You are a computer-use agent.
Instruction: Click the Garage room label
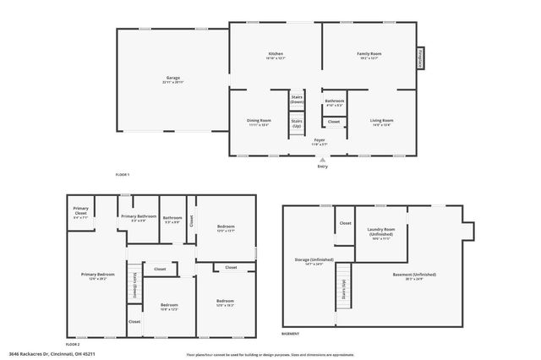pyautogui.click(x=172, y=80)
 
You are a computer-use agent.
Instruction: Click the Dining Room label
pyautogui.click(x=259, y=122)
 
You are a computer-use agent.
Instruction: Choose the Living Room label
pyautogui.click(x=382, y=122)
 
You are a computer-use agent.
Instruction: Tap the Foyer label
pyautogui.click(x=320, y=141)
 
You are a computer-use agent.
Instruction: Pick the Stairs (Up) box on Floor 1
pyautogui.click(x=297, y=124)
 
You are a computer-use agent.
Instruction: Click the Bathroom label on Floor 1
pyautogui.click(x=334, y=102)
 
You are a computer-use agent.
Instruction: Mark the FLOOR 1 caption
pyautogui.click(x=123, y=174)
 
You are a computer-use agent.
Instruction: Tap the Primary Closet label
pyautogui.click(x=81, y=210)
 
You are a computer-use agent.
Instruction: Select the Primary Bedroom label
pyautogui.click(x=99, y=275)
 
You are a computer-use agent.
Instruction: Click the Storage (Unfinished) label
pyautogui.click(x=314, y=261)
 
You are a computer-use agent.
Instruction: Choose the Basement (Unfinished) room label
pyautogui.click(x=414, y=276)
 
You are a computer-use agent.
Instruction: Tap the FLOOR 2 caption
pyautogui.click(x=73, y=345)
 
